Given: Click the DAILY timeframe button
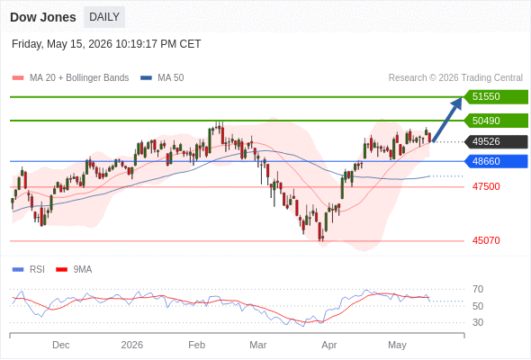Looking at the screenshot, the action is pos(104,17).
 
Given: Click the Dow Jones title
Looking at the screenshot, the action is pos(43,17).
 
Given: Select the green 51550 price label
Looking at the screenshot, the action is pos(496,97).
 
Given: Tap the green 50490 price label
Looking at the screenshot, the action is pos(496,121).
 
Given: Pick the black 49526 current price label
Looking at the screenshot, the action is pos(496,141).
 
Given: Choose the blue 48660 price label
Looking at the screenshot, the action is pos(496,161).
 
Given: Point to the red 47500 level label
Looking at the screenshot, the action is pos(486,186).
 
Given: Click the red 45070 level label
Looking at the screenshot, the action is pos(486,240).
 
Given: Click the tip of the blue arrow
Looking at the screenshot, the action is pos(462,97).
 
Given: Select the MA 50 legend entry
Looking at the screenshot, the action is pos(162,78).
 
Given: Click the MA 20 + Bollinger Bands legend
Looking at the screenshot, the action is pos(70,78).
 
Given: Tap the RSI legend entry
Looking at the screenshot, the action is pos(29,270).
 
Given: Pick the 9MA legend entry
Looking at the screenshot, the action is pos(74,270).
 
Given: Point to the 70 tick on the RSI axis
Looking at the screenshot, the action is pos(478,289).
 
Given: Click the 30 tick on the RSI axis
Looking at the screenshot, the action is pos(478,322).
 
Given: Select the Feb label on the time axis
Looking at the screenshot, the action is pos(197,345).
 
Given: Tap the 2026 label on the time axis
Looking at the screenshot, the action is pos(132,345).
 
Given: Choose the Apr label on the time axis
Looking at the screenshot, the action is pos(329,345).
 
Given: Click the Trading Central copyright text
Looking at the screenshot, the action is pos(455,78).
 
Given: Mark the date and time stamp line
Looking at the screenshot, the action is pos(106,44).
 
